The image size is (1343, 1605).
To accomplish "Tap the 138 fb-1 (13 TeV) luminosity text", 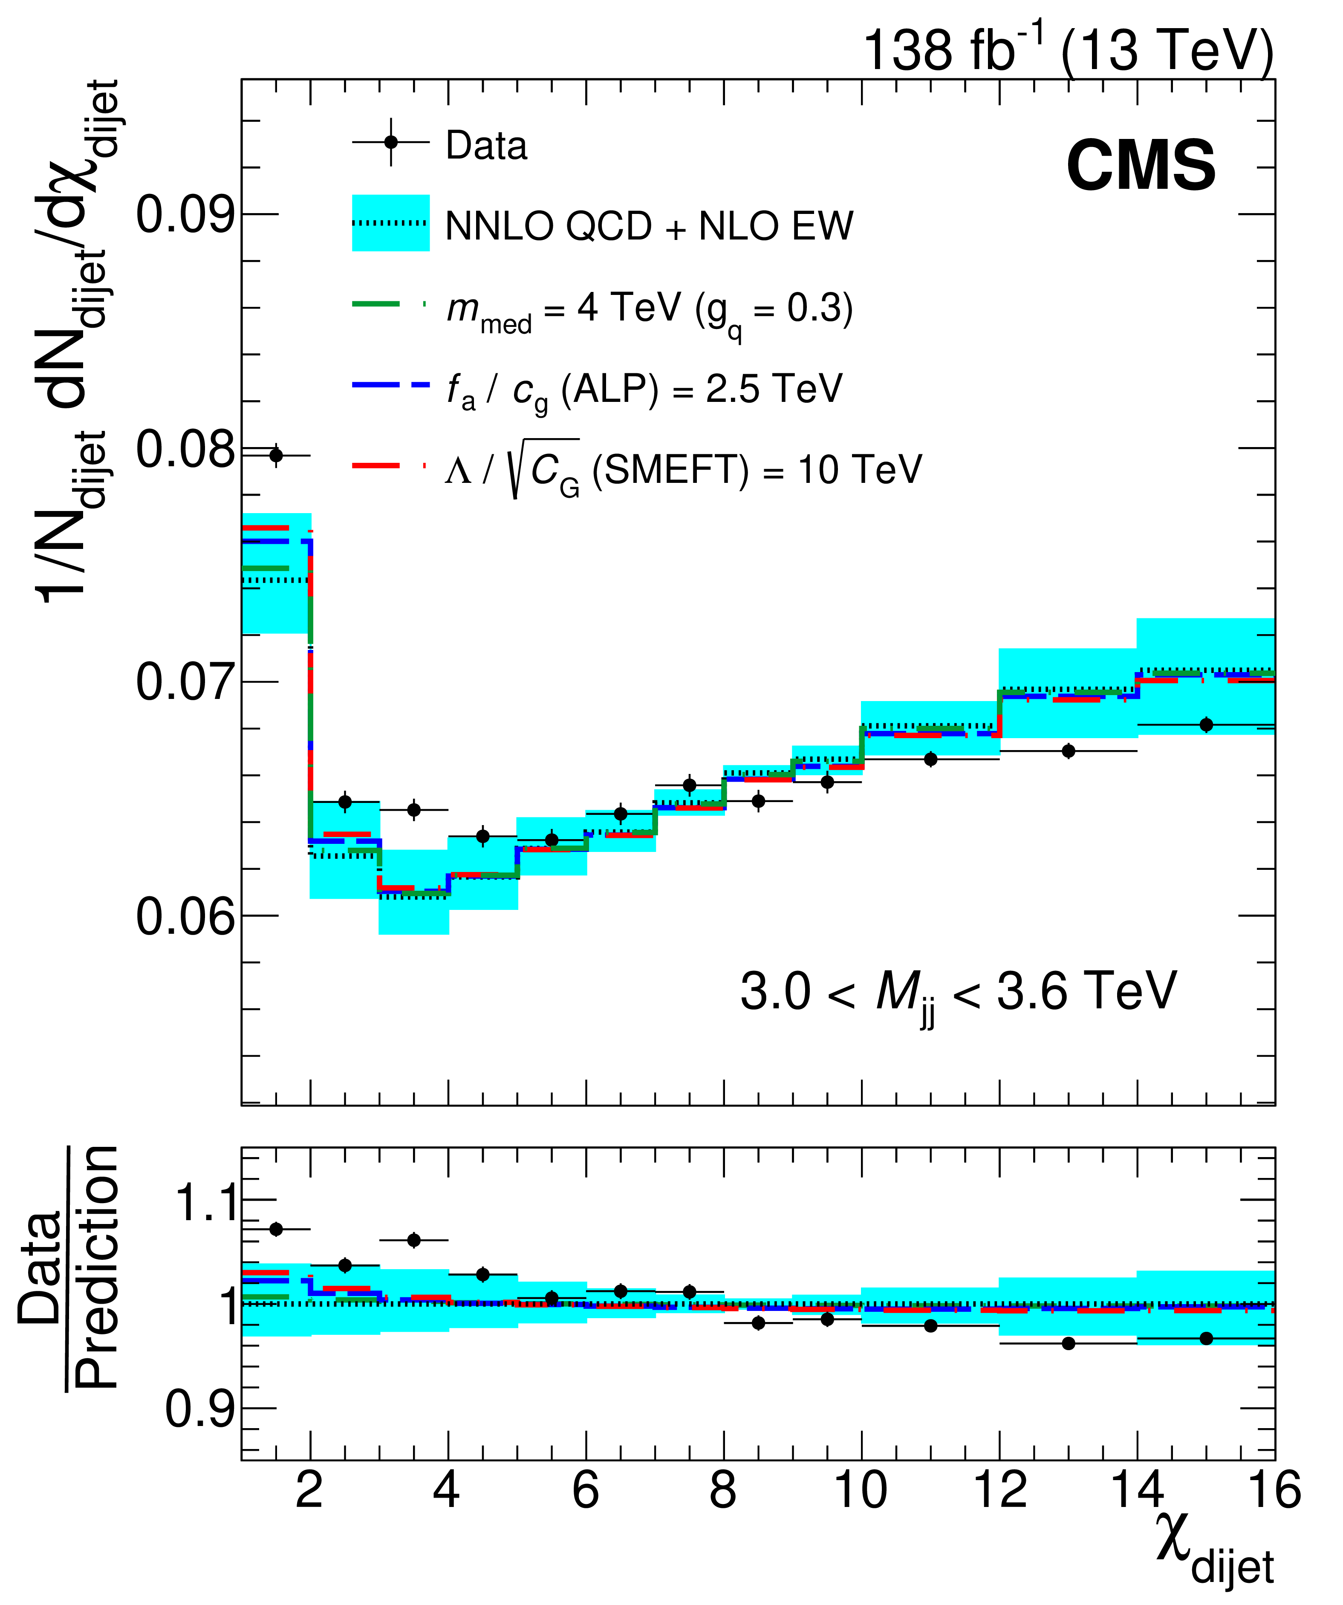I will pyautogui.click(x=1068, y=50).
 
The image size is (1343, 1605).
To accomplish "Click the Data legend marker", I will pyautogui.click(x=390, y=143).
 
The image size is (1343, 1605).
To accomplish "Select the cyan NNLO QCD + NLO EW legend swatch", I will pyautogui.click(x=390, y=223).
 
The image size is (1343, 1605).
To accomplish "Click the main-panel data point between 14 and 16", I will pyautogui.click(x=1206, y=725).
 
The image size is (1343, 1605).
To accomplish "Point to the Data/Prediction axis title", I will pyautogui.click(x=69, y=1269).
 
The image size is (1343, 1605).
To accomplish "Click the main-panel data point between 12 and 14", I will pyautogui.click(x=1069, y=751).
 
